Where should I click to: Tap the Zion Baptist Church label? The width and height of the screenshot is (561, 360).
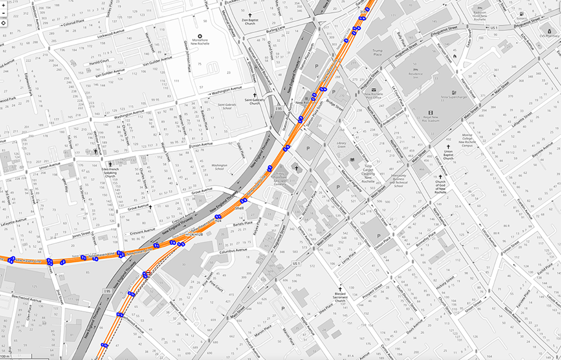point(250,21)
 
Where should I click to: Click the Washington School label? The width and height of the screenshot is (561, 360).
point(220,167)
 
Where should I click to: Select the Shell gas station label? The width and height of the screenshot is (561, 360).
point(239,209)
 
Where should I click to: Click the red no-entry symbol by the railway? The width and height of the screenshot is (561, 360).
point(148,272)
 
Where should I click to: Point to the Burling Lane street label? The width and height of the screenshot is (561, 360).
point(275,30)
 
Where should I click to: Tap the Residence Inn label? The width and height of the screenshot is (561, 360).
point(415,74)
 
